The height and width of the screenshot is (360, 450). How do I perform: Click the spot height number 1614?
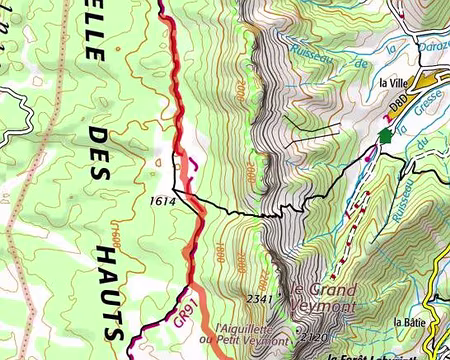tap(162, 200)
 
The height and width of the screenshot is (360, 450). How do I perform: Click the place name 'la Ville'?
tap(396, 83)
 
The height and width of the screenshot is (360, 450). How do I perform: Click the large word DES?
tap(100, 154)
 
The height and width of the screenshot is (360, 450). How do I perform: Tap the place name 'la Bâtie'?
tap(411, 322)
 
